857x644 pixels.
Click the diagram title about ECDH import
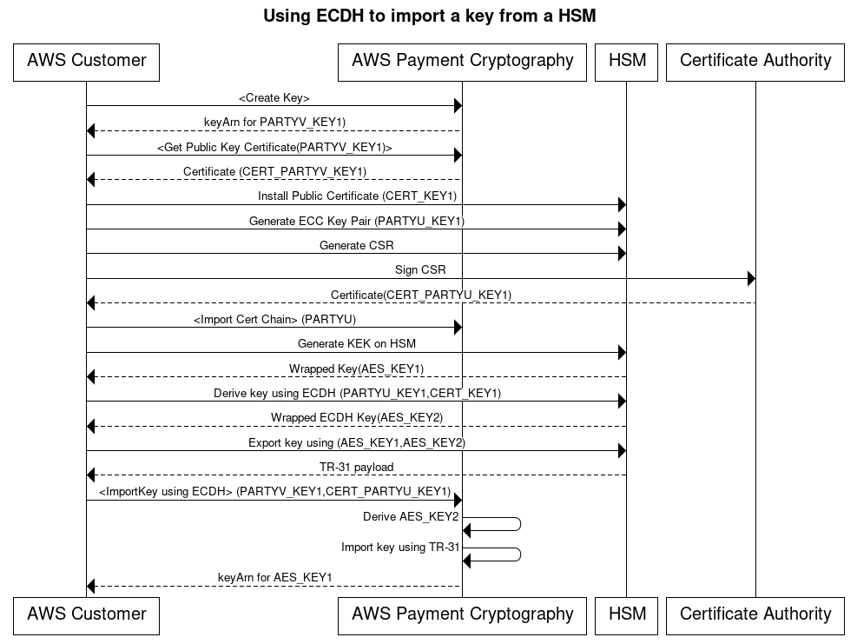(x=429, y=16)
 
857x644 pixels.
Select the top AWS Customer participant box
(x=86, y=62)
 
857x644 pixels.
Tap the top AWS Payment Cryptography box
(x=462, y=62)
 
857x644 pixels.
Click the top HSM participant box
(x=626, y=62)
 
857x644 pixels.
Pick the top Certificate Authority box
(x=755, y=62)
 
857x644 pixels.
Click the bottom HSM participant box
(x=626, y=614)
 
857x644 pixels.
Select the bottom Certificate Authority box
(x=755, y=614)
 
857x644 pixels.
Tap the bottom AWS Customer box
(x=86, y=614)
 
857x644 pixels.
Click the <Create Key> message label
(x=274, y=98)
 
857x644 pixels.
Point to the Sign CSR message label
(x=420, y=270)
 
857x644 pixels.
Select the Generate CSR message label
(x=356, y=246)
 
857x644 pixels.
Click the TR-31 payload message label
(x=356, y=468)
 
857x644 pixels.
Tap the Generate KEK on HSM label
(x=356, y=344)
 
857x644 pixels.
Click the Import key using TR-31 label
(x=400, y=548)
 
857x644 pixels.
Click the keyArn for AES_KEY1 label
(x=274, y=578)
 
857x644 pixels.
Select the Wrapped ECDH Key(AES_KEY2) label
(x=356, y=418)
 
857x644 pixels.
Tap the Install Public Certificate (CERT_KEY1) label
(x=357, y=196)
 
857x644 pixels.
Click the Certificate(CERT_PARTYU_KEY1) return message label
(x=420, y=295)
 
